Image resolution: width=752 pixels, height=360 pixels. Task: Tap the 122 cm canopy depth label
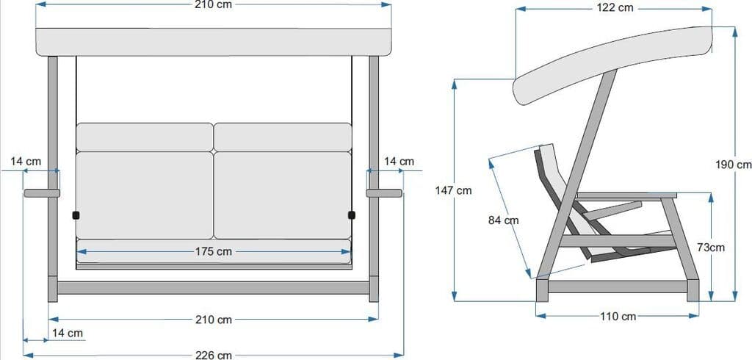[615, 8]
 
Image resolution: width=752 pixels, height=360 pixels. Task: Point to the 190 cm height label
[733, 164]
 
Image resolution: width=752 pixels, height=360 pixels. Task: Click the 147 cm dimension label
[453, 190]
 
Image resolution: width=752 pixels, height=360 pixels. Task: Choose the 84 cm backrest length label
[503, 220]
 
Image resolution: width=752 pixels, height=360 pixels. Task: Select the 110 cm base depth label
[618, 317]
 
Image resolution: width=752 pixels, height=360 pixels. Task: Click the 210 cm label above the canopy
[214, 4]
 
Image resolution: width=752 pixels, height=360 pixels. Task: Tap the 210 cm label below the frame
[214, 320]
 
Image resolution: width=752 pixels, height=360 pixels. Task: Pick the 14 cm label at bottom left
[67, 333]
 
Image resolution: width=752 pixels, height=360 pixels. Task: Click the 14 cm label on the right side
[399, 161]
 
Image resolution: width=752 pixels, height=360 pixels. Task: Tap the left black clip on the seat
[76, 215]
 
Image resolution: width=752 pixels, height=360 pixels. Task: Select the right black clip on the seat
[351, 215]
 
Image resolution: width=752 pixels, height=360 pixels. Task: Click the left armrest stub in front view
[41, 193]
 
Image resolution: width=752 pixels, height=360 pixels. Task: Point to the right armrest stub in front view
[384, 193]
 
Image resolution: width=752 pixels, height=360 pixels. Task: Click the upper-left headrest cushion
[144, 137]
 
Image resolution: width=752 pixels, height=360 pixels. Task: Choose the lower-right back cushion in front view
[283, 195]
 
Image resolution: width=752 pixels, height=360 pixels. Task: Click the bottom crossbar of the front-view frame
[213, 287]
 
